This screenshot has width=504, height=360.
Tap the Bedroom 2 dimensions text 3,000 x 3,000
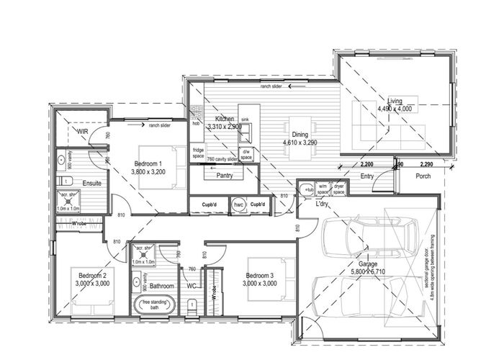91,284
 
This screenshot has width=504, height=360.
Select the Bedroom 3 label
259,275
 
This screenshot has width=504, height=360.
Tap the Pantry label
224,175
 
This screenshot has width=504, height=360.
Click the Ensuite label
91,183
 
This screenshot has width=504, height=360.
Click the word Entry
366,176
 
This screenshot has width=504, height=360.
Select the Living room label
395,100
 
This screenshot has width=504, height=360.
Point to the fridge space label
199,152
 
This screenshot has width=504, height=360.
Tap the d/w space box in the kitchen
246,153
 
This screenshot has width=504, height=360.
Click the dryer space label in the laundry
338,189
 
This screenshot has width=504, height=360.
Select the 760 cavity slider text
222,158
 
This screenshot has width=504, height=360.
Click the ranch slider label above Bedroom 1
158,125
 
